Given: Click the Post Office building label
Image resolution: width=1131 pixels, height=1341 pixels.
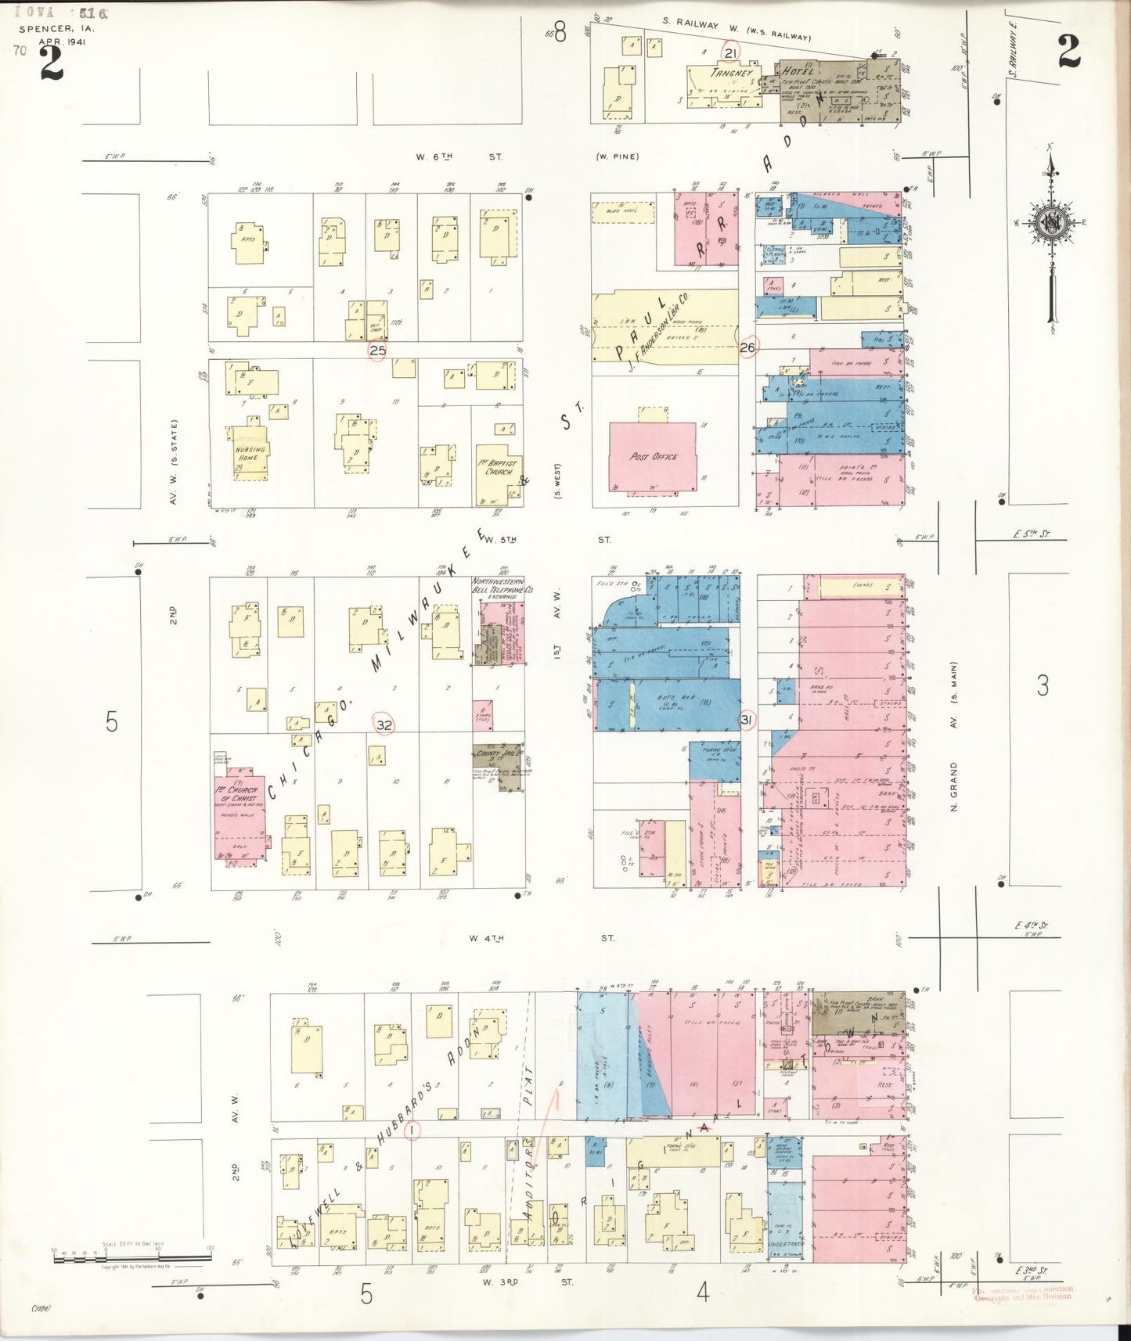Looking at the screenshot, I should (x=653, y=456).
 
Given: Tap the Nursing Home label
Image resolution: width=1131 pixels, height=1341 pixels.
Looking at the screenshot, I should (x=250, y=454).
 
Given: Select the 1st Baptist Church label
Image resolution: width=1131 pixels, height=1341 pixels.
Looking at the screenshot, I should (x=499, y=467).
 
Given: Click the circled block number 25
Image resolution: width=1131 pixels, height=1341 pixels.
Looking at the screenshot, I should (x=378, y=351).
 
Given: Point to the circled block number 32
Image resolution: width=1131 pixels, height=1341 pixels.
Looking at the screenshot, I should (x=384, y=725).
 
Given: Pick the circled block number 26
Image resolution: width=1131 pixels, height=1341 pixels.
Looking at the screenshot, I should (x=747, y=347).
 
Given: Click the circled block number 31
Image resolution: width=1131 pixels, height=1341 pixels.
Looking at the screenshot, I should (x=746, y=720).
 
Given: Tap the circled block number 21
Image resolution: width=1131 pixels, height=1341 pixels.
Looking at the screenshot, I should (x=730, y=53).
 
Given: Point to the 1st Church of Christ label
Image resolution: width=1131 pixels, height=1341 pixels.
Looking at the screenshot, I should (x=237, y=793).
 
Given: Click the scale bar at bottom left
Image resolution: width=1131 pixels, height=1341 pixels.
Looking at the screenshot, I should (x=131, y=1258).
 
